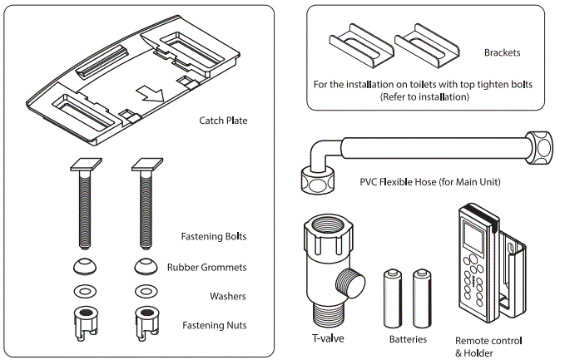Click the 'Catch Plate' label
tap(223, 121)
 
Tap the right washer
tap(144, 293)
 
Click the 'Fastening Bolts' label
tap(214, 236)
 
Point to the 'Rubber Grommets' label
tap(206, 268)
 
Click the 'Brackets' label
tap(502, 52)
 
